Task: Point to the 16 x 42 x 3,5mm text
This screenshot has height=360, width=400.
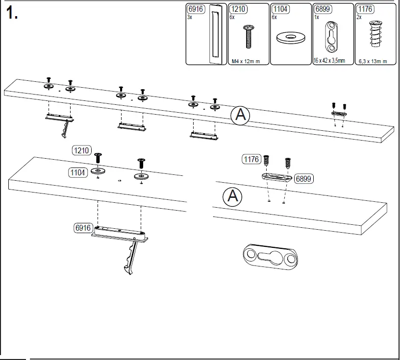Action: [x=329, y=61]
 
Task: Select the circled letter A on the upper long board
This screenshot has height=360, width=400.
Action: [x=240, y=116]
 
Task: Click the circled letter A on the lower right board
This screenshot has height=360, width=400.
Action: [x=232, y=196]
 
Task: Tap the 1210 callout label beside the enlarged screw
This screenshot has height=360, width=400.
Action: [x=81, y=150]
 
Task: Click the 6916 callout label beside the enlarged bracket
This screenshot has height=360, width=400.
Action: [x=82, y=228]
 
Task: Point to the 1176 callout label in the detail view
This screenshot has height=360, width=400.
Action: [x=251, y=159]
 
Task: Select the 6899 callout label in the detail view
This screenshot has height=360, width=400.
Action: [x=304, y=179]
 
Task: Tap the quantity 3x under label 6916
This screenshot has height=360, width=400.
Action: [x=190, y=17]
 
